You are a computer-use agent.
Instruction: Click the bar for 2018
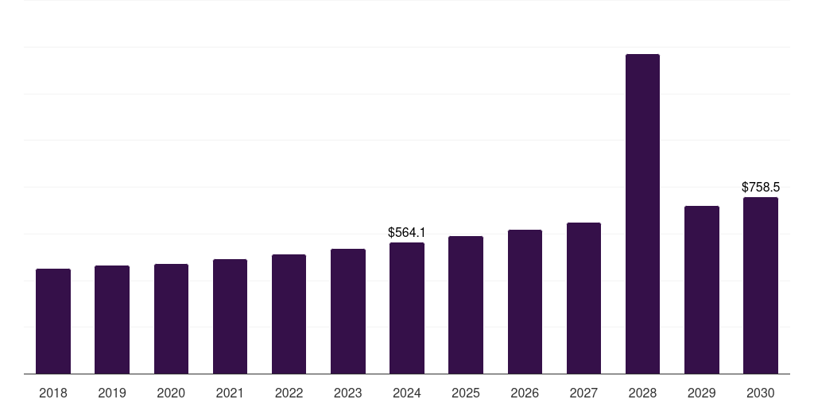coord(53,321)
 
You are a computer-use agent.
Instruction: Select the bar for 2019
coord(112,320)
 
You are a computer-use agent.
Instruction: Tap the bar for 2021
coord(230,316)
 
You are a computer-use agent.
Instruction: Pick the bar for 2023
coord(348,312)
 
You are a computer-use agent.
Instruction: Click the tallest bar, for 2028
coord(642,214)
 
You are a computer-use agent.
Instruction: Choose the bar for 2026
coord(525,302)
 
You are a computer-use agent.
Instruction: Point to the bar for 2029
coord(702,290)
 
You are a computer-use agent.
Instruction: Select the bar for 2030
coord(761,285)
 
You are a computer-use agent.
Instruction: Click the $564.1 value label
coord(407,233)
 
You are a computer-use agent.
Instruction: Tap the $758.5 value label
coord(761,188)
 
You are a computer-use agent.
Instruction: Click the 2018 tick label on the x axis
coord(53,393)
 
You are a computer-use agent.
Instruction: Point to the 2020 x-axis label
coord(171,393)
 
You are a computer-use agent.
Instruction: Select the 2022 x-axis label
coord(289,393)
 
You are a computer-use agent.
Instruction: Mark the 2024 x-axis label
coord(407,393)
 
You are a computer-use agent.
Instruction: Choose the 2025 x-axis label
coord(466,393)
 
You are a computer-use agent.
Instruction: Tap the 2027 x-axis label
coord(583,393)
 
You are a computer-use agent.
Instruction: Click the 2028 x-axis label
coord(642,393)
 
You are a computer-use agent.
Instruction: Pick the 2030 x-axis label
coord(761,393)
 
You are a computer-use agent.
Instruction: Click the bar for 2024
coord(407,308)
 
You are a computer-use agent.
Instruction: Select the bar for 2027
coord(583,298)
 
